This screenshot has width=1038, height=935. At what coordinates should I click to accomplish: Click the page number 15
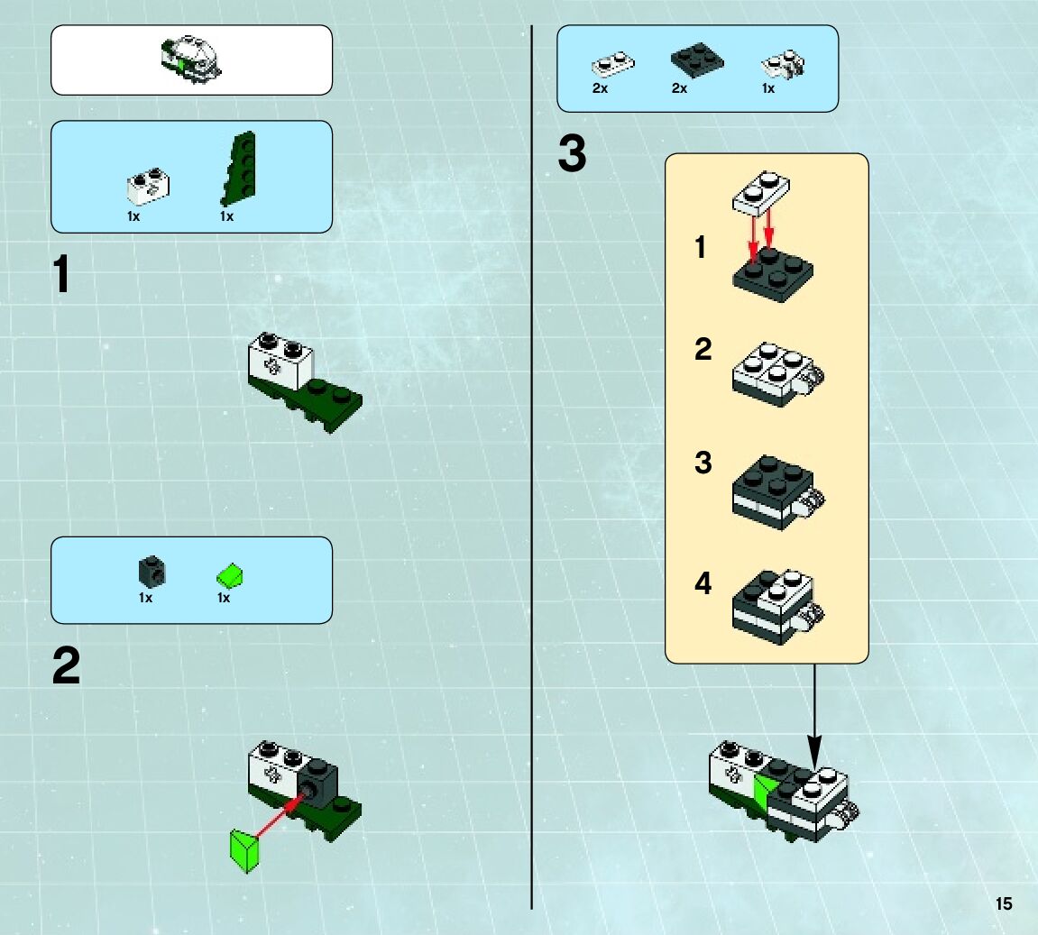(1004, 903)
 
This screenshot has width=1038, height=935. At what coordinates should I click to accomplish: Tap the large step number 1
(61, 275)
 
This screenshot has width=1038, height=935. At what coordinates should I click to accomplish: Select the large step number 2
(66, 667)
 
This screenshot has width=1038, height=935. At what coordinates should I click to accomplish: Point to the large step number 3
(572, 155)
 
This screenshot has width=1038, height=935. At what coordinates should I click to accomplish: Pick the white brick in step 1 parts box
(149, 185)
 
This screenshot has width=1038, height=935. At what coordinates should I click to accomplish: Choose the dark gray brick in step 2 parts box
(151, 571)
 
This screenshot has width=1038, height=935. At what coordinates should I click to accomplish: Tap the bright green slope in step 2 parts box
(231, 574)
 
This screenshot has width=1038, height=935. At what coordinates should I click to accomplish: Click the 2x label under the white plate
(600, 88)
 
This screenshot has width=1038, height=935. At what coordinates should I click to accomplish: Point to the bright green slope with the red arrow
(244, 850)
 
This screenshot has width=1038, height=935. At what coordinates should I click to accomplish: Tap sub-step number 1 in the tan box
(701, 247)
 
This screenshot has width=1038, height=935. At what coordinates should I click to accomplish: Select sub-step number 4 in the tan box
(703, 584)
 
